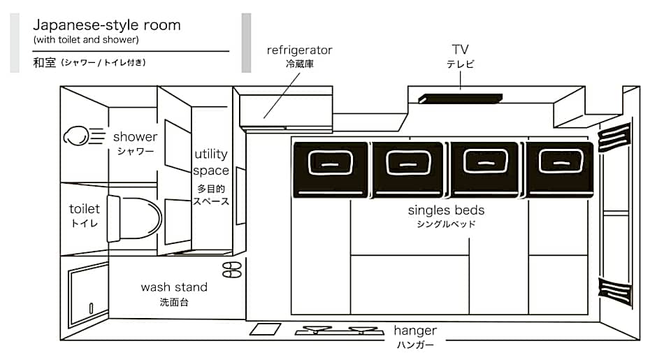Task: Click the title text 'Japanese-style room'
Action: [106, 25]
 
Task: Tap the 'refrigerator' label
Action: [299, 50]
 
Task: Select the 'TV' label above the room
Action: [460, 49]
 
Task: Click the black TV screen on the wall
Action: [459, 99]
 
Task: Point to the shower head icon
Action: [76, 135]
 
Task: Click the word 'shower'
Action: [135, 137]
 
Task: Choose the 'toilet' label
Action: [85, 209]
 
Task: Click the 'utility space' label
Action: [211, 162]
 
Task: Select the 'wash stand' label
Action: [174, 287]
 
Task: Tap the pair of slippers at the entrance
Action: [231, 269]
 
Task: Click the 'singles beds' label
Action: [446, 210]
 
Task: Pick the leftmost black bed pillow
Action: [331, 168]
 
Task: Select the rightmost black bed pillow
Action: [561, 168]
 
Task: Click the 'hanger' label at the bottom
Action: [415, 331]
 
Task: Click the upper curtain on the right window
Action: [615, 138]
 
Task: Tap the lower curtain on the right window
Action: [615, 289]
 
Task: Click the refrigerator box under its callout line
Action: [285, 109]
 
